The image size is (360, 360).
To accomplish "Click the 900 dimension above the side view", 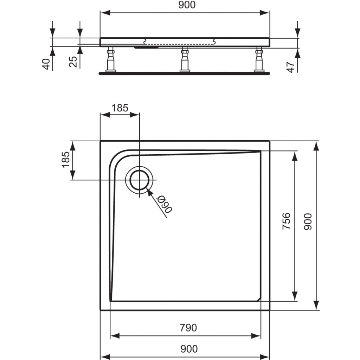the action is click(187, 5).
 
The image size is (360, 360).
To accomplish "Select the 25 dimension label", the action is click(73, 62).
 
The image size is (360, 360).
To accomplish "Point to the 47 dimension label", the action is click(290, 67).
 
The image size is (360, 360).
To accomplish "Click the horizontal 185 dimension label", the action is click(120, 108).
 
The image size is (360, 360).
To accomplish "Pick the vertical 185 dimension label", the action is click(66, 160).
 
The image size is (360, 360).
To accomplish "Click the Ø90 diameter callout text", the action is click(165, 204).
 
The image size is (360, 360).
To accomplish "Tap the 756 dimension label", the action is click(286, 221).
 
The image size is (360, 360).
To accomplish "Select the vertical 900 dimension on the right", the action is click(308, 221).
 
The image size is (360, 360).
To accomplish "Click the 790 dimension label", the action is click(188, 328).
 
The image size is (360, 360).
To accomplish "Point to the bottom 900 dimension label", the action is click(189, 349).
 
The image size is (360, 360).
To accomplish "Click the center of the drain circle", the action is click(139, 180).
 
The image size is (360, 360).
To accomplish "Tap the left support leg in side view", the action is click(110, 59).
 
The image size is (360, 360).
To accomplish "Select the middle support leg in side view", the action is click(185, 59).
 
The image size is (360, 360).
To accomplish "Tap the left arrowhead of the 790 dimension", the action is click(115, 336).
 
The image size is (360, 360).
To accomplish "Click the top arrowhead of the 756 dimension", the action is click(295, 156).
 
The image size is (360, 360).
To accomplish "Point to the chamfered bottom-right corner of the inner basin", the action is click(259, 299).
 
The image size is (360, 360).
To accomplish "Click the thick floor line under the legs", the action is click(184, 73).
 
